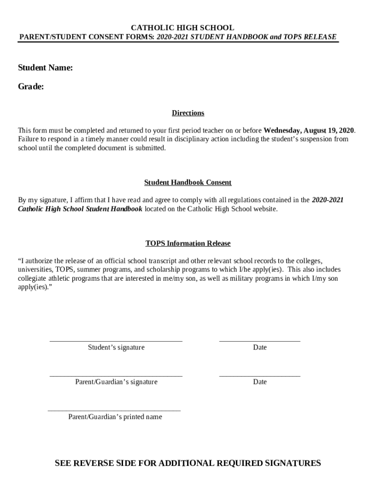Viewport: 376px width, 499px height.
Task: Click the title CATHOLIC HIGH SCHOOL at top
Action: coord(178,28)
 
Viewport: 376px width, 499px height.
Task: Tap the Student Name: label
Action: coord(45,68)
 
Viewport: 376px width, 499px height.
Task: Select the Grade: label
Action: coord(31,87)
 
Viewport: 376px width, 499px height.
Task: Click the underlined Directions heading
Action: coord(188,113)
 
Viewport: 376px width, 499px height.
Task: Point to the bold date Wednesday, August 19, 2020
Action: coord(309,130)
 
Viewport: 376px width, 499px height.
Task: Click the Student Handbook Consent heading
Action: coord(188,182)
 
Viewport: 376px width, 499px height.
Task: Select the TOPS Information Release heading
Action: coord(188,243)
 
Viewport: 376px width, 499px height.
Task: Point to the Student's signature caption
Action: coord(116,347)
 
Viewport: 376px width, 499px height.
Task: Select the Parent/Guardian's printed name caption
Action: coord(115,417)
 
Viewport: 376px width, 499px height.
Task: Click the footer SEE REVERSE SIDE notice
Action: coord(188,463)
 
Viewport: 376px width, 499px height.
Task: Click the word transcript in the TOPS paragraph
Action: coord(163,261)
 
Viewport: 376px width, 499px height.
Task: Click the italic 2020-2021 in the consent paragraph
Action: coord(328,200)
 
